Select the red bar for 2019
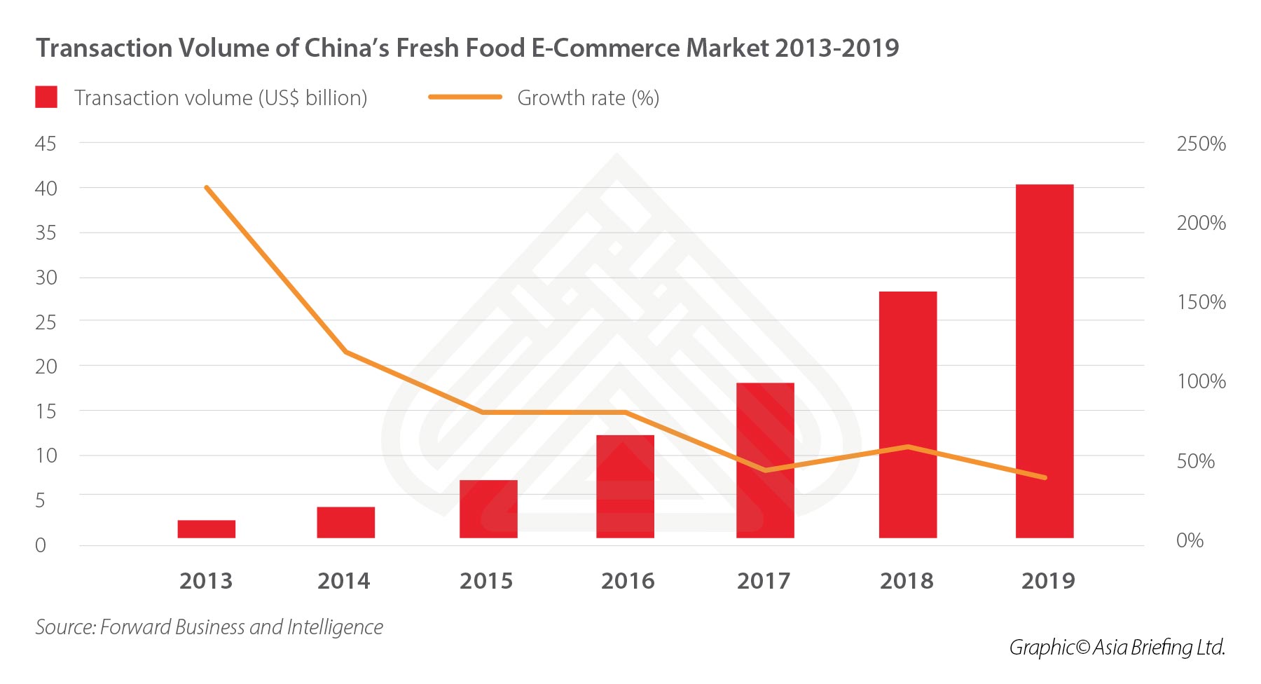1044,361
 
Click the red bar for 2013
206,529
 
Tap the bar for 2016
625,486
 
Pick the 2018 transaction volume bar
907,414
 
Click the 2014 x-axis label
343,581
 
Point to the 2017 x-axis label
763,581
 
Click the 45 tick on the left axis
46,144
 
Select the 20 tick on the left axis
46,366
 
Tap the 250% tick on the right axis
1201,144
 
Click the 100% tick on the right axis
1201,381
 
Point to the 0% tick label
1190,540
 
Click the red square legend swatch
46,97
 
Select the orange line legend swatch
465,97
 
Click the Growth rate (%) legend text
588,98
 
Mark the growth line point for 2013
207,188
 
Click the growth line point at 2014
345,352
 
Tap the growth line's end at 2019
1045,478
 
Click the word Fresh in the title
428,48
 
